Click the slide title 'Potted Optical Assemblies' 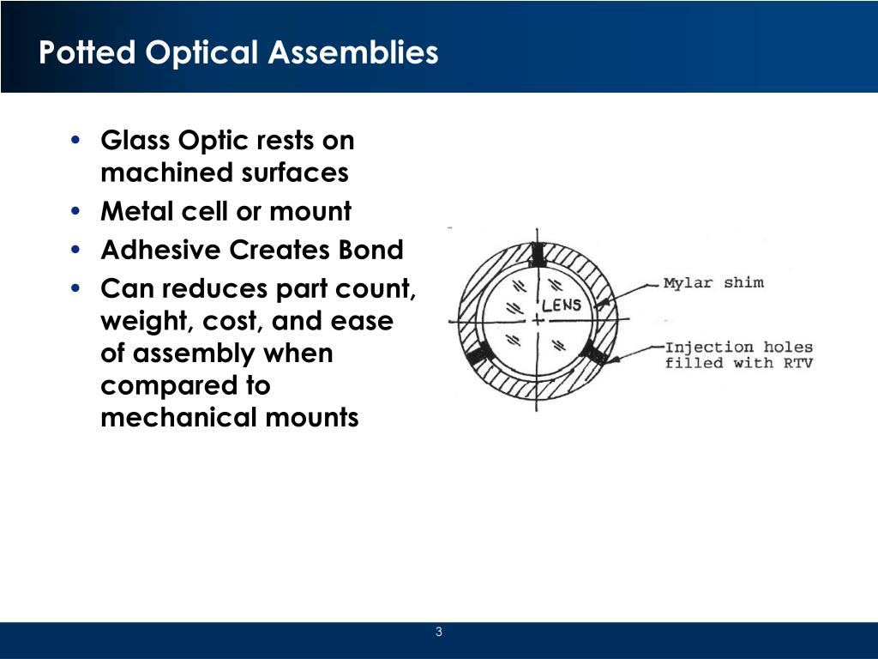click(238, 53)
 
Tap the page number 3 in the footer click(439, 633)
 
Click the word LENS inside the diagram click(561, 305)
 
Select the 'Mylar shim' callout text click(713, 283)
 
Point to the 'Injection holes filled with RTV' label click(738, 355)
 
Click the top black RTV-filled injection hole click(538, 254)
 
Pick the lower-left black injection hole click(478, 353)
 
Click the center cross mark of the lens click(538, 320)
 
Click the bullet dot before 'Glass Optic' click(77, 141)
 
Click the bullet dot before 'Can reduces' click(77, 289)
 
